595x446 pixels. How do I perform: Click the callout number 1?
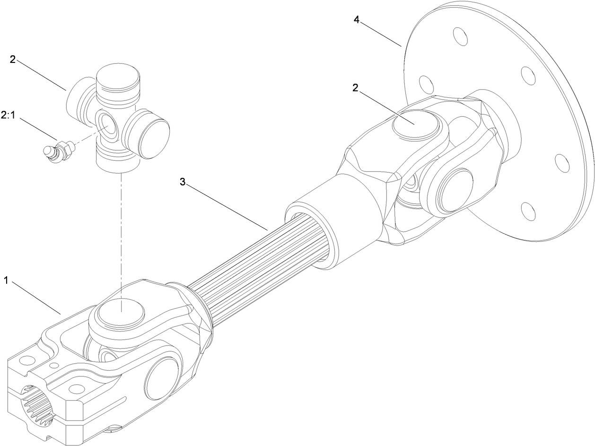(x=7, y=280)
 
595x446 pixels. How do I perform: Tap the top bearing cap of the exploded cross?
(x=118, y=80)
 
